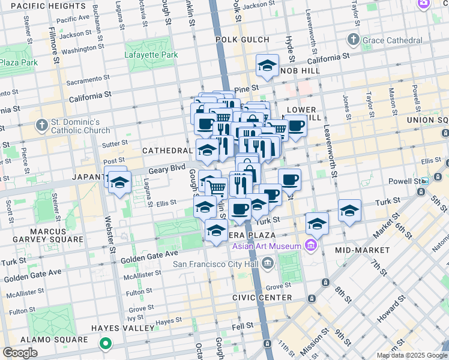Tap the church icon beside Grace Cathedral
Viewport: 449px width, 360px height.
click(x=353, y=40)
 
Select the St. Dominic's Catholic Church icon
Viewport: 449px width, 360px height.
click(x=41, y=126)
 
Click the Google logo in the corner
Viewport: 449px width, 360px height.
click(x=20, y=353)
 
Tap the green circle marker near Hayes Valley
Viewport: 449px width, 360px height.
click(x=106, y=344)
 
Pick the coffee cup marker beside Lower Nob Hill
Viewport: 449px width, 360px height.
click(x=296, y=126)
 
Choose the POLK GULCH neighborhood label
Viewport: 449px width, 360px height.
click(x=239, y=39)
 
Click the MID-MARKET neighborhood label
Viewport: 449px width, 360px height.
click(x=360, y=250)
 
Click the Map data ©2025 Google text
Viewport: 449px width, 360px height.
click(x=411, y=355)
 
